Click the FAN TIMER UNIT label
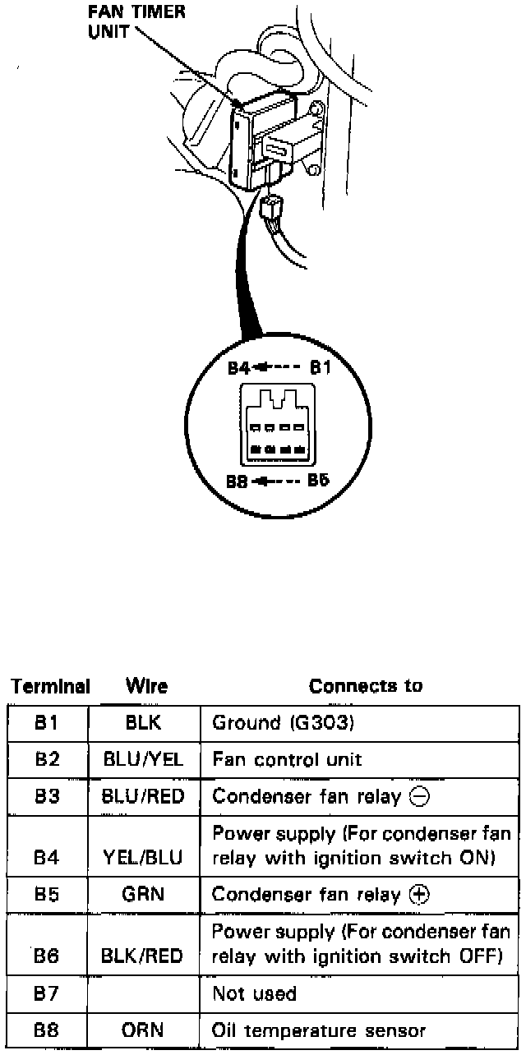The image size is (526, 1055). coord(137,23)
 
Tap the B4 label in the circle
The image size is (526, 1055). coord(239,368)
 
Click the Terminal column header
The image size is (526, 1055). coord(50,686)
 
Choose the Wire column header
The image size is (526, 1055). coord(146,686)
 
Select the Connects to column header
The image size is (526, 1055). coord(366,686)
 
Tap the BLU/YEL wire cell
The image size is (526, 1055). coord(144,760)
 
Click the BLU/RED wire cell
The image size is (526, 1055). coord(144,796)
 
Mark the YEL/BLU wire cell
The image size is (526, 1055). coord(144,858)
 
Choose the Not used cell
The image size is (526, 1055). coord(254,994)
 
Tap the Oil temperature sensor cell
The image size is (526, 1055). coord(319,1030)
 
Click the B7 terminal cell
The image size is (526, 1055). coord(48,994)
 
